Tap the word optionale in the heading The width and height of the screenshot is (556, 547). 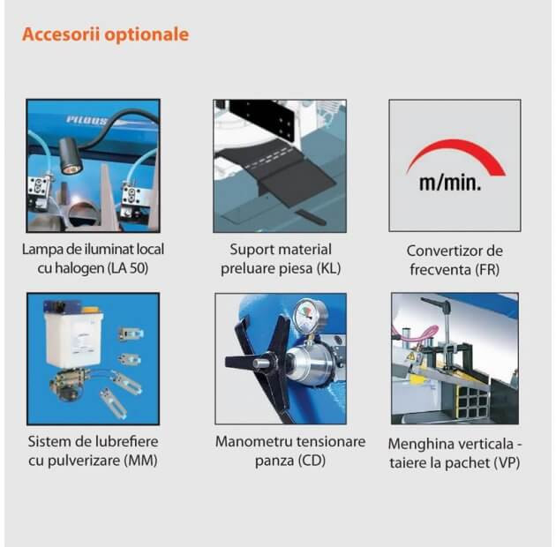click(x=147, y=35)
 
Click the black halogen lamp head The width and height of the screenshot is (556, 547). click(x=71, y=155)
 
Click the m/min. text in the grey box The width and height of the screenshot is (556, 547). click(x=450, y=183)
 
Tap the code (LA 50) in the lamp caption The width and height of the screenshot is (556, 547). click(x=128, y=268)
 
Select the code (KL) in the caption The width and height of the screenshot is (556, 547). click(x=328, y=268)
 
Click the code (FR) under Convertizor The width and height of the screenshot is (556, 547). click(x=487, y=269)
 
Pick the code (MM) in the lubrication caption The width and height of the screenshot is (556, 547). click(x=140, y=461)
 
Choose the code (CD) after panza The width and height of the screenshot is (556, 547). click(x=312, y=461)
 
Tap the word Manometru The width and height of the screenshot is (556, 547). click(x=254, y=442)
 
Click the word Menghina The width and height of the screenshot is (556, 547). click(x=417, y=445)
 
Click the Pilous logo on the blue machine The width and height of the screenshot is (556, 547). click(x=87, y=121)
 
